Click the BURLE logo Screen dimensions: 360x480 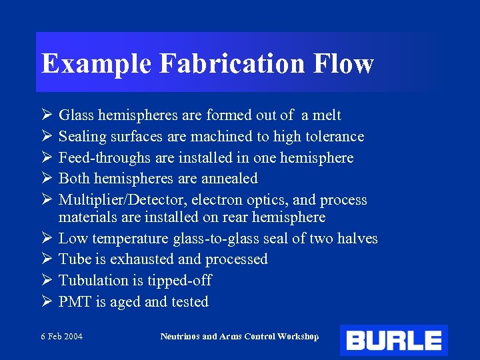point(393,340)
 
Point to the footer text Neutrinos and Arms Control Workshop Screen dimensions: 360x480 point(239,336)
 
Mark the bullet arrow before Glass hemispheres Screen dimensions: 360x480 point(46,115)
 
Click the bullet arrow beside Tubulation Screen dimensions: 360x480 point(46,281)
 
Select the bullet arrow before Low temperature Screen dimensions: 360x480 point(46,239)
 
